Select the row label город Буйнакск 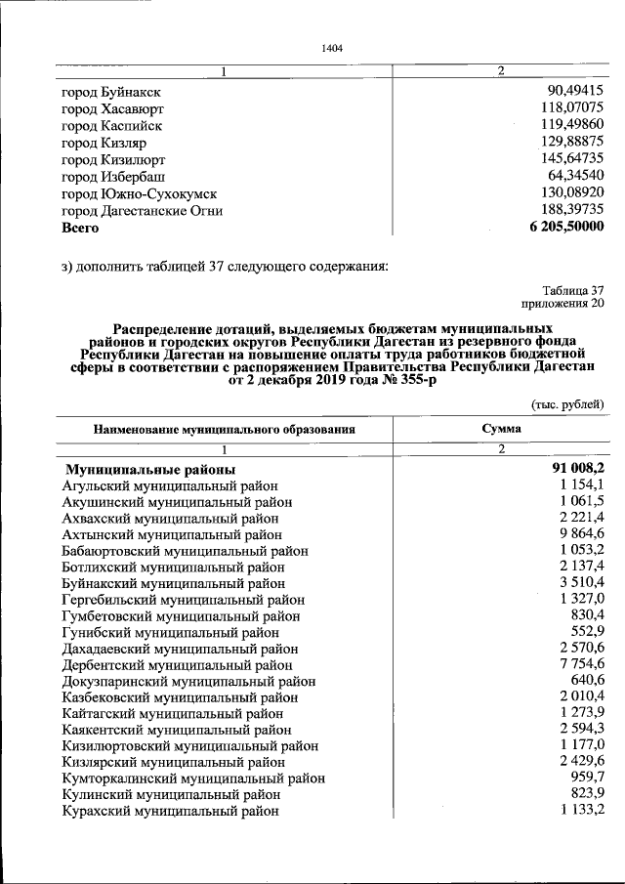tap(111, 92)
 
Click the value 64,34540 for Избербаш tap(575, 176)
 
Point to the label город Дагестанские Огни tap(142, 210)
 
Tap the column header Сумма tap(501, 428)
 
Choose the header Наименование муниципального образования tap(224, 429)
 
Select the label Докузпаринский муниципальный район tap(188, 681)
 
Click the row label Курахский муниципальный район tap(170, 811)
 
